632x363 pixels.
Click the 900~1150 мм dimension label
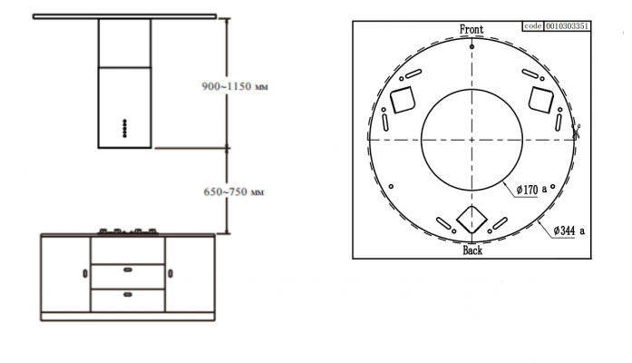(x=235, y=86)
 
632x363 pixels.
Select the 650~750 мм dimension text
(x=234, y=191)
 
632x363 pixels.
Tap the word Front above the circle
(x=472, y=29)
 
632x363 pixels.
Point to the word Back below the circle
(x=472, y=250)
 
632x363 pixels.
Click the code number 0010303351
(x=568, y=26)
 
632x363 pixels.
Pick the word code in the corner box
(x=533, y=26)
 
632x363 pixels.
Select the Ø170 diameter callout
(x=531, y=189)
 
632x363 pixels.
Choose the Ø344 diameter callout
(x=569, y=231)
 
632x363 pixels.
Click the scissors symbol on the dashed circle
(x=577, y=131)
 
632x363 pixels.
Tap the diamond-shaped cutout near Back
(x=472, y=220)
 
